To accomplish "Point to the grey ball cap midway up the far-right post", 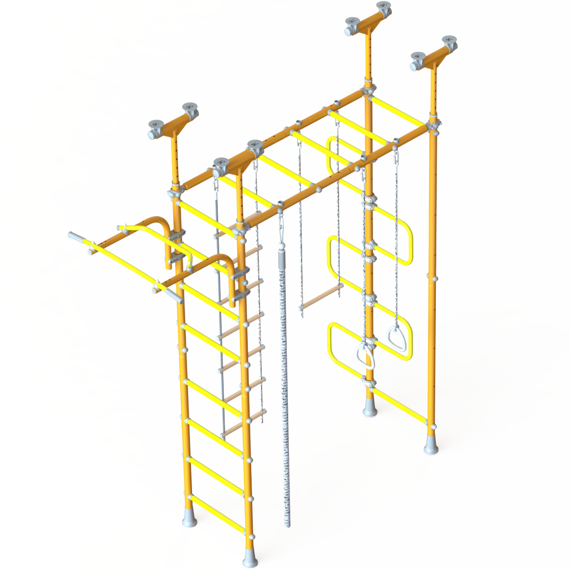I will coord(434,277).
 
